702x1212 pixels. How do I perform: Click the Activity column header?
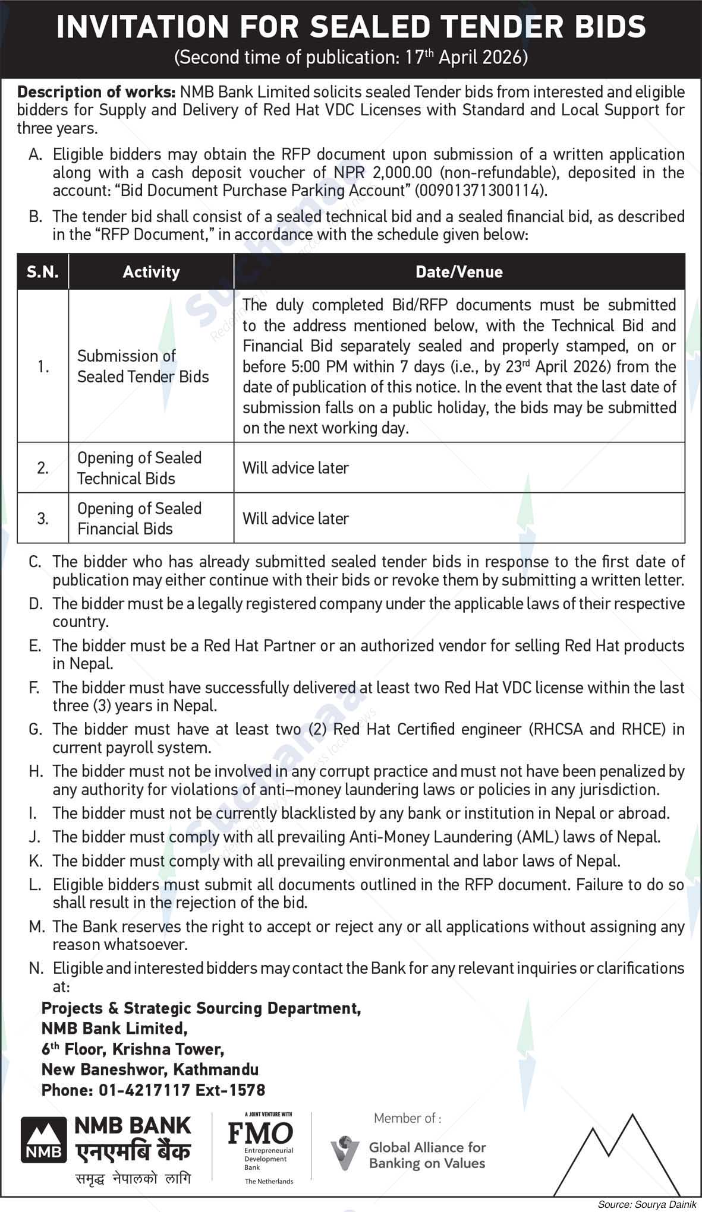pos(151,272)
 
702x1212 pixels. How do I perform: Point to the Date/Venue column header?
pos(459,272)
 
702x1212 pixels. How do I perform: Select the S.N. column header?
pos(43,272)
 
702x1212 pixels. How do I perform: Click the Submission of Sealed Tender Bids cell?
pos(143,366)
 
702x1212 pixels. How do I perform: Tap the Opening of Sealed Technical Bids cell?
pos(139,468)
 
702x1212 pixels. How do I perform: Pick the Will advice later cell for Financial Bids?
pos(295,518)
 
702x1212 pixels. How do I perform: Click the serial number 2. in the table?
pos(43,468)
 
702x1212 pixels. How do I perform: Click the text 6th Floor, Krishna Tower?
pos(133,1049)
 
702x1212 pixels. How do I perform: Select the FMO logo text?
pos(260,1133)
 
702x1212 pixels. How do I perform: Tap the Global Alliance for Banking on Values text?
pos(427,1155)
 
